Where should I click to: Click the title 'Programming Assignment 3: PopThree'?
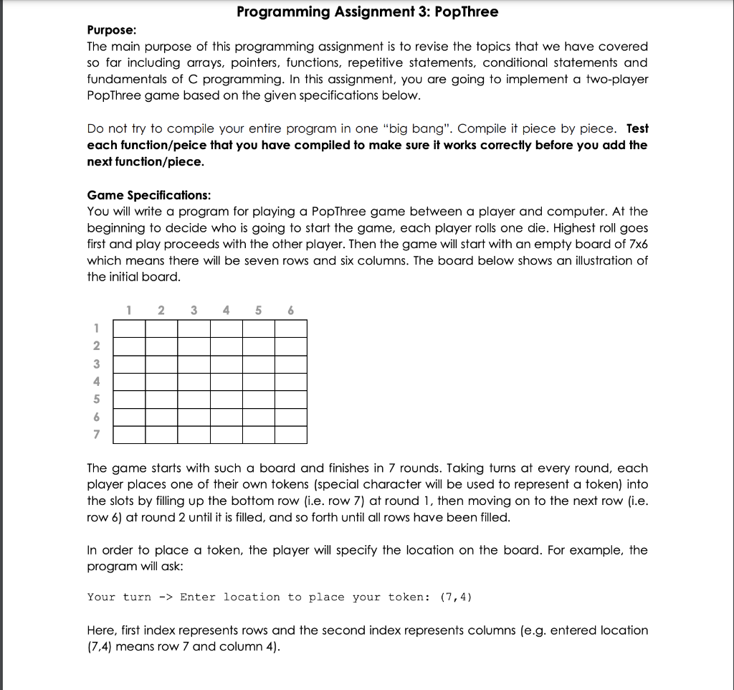[367, 12]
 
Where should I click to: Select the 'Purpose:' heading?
[112, 30]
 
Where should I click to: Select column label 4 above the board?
[227, 311]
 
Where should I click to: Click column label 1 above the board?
[128, 311]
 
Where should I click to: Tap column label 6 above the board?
[291, 311]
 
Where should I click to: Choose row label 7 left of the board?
[96, 435]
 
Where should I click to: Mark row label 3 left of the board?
[96, 364]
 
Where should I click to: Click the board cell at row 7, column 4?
[227, 435]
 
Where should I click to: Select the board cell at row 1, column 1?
[130, 329]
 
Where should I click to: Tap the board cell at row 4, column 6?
[291, 382]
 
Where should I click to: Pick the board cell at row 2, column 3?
[194, 346]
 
